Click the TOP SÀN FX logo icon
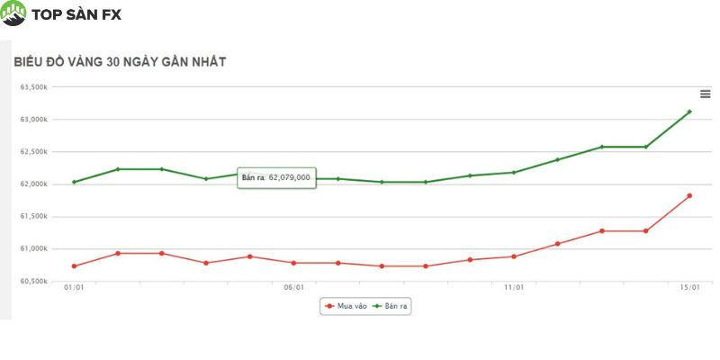pyautogui.click(x=14, y=13)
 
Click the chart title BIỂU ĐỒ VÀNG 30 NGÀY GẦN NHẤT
pyautogui.click(x=119, y=62)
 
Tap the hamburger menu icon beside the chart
pyautogui.click(x=706, y=94)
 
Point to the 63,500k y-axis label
pyautogui.click(x=34, y=87)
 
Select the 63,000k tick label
pyautogui.click(x=34, y=120)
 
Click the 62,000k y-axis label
pyautogui.click(x=34, y=184)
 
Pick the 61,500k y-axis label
pyautogui.click(x=34, y=217)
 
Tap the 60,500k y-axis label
pyautogui.click(x=34, y=282)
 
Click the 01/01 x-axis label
pyautogui.click(x=74, y=288)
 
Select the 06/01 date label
pyautogui.click(x=293, y=288)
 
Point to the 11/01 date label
pyautogui.click(x=514, y=288)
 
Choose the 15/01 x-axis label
pyautogui.click(x=689, y=288)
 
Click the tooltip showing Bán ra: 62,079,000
pyautogui.click(x=276, y=177)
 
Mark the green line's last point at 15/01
pyautogui.click(x=689, y=112)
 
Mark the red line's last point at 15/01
pyautogui.click(x=689, y=195)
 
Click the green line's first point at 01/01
pyautogui.click(x=74, y=182)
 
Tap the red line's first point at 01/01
pyautogui.click(x=74, y=265)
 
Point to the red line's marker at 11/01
pyautogui.click(x=514, y=256)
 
